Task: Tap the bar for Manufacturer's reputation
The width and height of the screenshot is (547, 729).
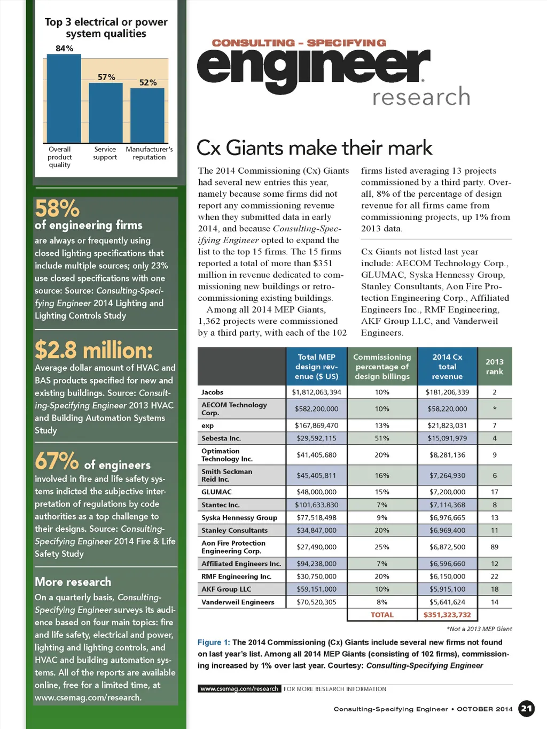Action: pos(147,115)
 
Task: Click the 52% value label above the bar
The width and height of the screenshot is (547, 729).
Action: pos(148,82)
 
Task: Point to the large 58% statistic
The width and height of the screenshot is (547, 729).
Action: pos(57,208)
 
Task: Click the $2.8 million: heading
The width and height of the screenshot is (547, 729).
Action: pos(94,351)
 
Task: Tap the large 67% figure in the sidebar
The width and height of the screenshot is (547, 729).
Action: pos(56,461)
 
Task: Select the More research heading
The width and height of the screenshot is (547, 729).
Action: pos(73,581)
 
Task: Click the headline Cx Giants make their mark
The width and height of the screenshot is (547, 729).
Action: pos(314,148)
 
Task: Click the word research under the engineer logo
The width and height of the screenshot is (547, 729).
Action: pos(421,97)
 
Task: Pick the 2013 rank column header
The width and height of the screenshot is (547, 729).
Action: pos(494,366)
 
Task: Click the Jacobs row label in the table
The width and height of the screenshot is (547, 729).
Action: pos(213,392)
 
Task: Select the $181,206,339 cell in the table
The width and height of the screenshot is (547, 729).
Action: pos(447,392)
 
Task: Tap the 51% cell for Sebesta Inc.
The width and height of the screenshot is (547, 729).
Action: pos(382,438)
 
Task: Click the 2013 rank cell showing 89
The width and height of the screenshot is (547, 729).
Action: pos(494,547)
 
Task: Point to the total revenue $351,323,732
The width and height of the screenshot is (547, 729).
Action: pos(447,615)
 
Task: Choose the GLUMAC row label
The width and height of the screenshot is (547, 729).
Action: pos(217,492)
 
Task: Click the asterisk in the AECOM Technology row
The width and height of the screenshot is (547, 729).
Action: pos(495,409)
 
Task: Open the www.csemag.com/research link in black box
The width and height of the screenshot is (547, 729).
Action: pos(239,689)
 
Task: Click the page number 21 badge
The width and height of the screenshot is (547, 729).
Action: pos(527,709)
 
